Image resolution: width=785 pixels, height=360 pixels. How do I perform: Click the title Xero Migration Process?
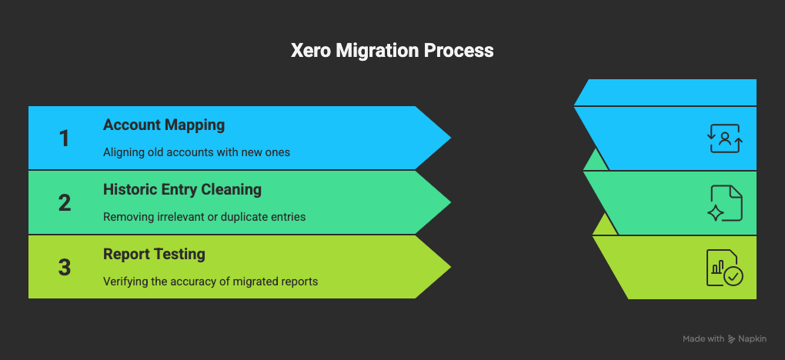[x=392, y=51]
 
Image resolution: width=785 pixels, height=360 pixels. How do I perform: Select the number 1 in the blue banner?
[x=64, y=138]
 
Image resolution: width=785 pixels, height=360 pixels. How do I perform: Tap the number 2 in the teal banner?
[x=64, y=202]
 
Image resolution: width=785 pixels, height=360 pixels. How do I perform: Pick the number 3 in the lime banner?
[x=64, y=267]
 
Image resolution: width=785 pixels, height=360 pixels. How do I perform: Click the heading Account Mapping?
[x=164, y=125]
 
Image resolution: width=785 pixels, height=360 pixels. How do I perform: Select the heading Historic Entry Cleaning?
[x=182, y=189]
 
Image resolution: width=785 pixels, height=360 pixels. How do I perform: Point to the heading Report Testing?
[x=154, y=254]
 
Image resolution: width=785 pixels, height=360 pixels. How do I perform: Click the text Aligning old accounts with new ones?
[x=196, y=152]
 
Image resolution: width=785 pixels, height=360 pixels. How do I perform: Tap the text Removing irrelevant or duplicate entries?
[x=204, y=217]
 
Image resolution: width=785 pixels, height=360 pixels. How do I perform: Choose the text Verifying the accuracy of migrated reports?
[x=210, y=282]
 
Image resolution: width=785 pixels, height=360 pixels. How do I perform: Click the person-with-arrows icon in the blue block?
[x=724, y=138]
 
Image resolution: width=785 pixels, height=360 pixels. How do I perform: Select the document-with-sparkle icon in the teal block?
[x=725, y=203]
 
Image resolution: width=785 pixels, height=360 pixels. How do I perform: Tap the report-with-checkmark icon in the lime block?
[x=724, y=268]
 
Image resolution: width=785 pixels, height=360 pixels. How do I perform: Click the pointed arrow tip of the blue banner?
[x=439, y=138]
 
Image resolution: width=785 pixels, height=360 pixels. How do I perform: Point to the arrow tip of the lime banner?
[x=439, y=267]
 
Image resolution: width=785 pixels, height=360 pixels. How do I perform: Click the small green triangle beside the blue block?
[x=594, y=161]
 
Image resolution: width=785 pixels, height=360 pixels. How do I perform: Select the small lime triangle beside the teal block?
[x=604, y=225]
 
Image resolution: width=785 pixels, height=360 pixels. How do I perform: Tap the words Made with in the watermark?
[x=703, y=339]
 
